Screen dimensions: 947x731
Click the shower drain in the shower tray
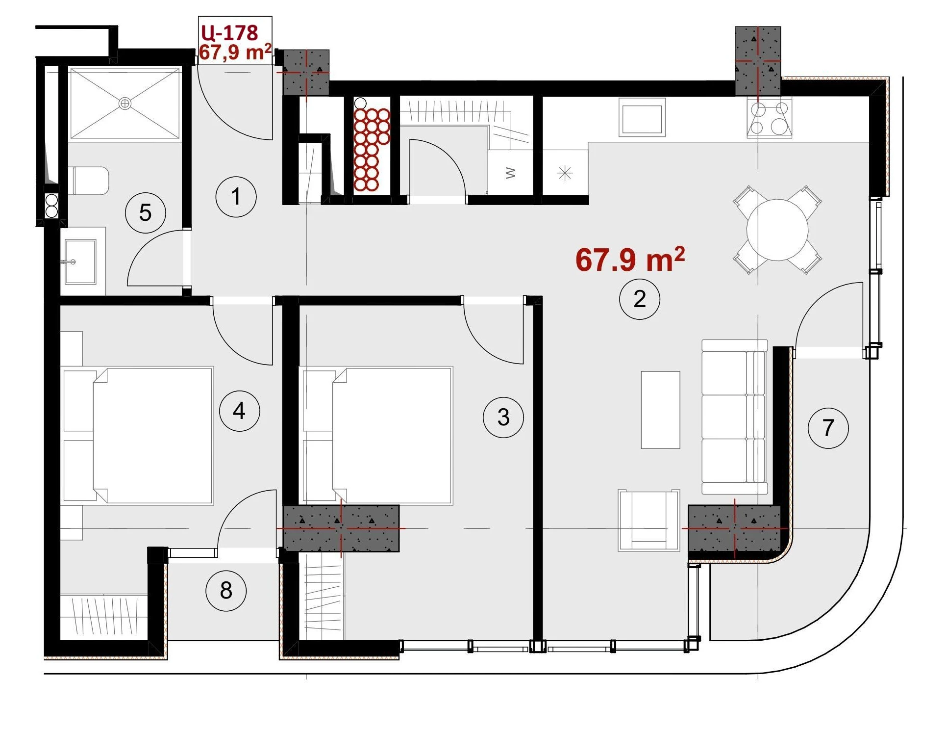[x=125, y=104]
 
